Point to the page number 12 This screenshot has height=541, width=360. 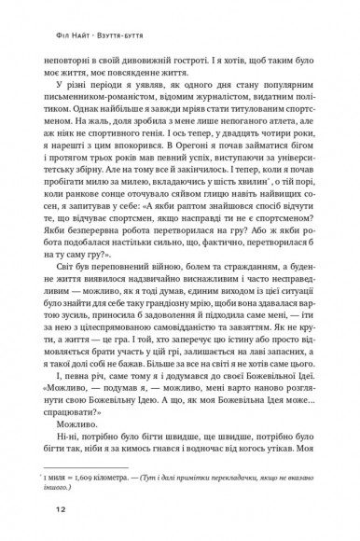point(34,511)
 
